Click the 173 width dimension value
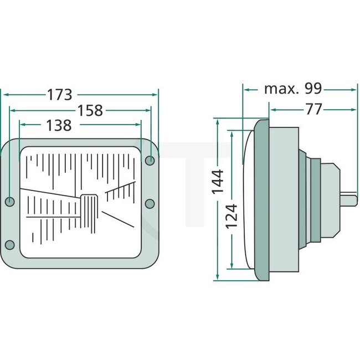coord(59,95)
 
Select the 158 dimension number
coord(90,111)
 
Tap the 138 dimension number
coord(59,126)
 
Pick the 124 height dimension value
coord(232,215)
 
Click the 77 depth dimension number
coord(313,110)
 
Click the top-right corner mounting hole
coord(150,161)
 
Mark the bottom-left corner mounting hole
coord(9,245)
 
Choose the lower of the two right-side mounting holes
coord(150,204)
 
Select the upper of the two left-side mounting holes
coord(9,200)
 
